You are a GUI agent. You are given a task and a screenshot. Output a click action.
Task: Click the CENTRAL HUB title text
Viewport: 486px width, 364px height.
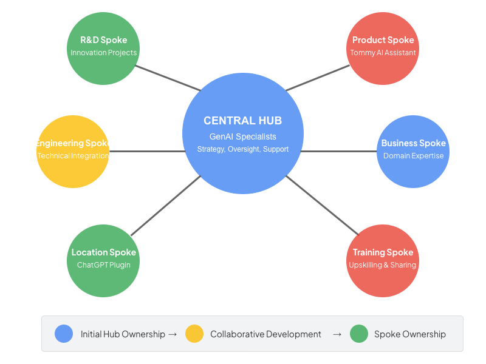pyautogui.click(x=242, y=121)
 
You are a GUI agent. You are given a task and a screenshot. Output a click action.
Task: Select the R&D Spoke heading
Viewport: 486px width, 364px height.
pyautogui.click(x=104, y=40)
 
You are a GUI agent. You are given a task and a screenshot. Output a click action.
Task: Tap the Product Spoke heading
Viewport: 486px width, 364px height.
pyautogui.click(x=383, y=40)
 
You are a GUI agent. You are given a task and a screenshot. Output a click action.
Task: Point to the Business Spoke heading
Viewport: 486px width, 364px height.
pyautogui.click(x=413, y=143)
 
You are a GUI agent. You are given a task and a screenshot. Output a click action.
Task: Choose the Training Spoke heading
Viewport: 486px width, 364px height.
pyautogui.click(x=383, y=252)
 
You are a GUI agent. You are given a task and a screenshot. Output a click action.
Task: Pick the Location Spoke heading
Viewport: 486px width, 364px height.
pyautogui.click(x=104, y=252)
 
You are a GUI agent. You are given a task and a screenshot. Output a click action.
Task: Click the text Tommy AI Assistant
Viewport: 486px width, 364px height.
pyautogui.click(x=383, y=53)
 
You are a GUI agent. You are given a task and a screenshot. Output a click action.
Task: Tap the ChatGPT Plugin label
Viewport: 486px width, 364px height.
pyautogui.click(x=104, y=265)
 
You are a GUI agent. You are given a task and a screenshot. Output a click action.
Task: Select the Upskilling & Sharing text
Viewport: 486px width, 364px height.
pyautogui.click(x=383, y=265)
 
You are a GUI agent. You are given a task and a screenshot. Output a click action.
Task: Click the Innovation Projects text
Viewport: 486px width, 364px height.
pyautogui.click(x=104, y=53)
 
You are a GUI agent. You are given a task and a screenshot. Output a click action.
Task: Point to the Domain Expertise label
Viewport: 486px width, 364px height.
pyautogui.click(x=413, y=156)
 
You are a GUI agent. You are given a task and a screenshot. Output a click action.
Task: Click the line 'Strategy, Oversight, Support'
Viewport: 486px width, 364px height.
pyautogui.click(x=242, y=149)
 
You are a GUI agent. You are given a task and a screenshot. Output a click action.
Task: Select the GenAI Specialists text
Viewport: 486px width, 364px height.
pyautogui.click(x=242, y=136)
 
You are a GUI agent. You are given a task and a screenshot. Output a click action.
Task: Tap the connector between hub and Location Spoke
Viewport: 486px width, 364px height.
pyautogui.click(x=165, y=205)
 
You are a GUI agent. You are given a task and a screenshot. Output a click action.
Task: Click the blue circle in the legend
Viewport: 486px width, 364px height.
pyautogui.click(x=64, y=334)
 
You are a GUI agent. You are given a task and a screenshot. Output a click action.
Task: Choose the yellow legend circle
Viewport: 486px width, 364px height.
pyautogui.click(x=194, y=334)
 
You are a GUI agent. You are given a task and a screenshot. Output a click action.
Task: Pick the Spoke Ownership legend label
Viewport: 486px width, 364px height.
pyautogui.click(x=410, y=334)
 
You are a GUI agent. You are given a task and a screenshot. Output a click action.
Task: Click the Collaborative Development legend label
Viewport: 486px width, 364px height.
pyautogui.click(x=265, y=334)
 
